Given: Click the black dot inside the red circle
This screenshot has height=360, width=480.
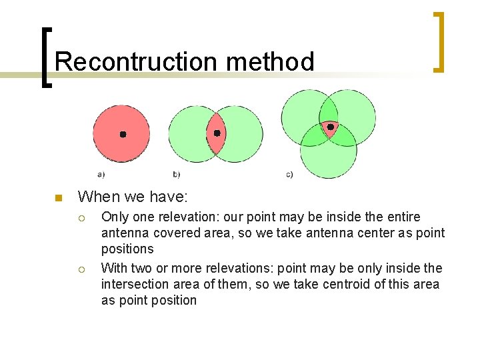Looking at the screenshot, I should tap(123, 134).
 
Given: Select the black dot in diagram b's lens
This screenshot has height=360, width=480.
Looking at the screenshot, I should tap(217, 133).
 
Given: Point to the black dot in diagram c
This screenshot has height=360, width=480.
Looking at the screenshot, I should tap(329, 126).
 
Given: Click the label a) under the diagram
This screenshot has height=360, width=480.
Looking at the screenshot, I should tap(101, 175).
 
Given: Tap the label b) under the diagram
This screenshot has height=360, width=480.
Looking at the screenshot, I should tap(176, 175).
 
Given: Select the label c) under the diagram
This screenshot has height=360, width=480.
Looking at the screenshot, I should tap(289, 175).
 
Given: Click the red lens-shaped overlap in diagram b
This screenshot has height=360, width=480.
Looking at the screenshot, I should tap(215, 143).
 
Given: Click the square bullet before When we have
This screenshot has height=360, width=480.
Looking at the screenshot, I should tap(58, 197).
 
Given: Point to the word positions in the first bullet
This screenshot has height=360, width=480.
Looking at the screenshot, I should tap(127, 249).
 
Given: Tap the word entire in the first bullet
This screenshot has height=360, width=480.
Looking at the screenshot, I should tap(403, 217).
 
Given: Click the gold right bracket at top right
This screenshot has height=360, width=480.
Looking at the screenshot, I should tap(438, 42).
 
